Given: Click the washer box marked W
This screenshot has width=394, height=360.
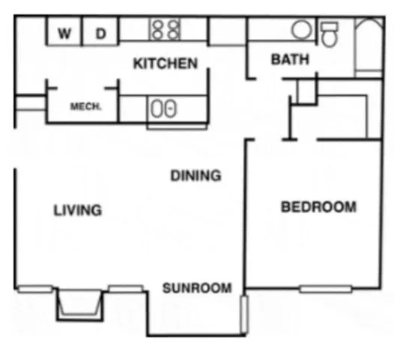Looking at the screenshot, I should click(x=65, y=33).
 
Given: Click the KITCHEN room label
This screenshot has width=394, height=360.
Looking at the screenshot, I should click(x=166, y=64).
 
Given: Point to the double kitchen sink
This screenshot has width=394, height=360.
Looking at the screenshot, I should click(x=163, y=109).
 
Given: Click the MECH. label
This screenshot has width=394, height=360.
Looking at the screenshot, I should click(x=85, y=106).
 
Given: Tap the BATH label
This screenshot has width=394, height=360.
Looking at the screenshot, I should click(x=289, y=59).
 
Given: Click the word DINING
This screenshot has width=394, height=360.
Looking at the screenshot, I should click(x=196, y=176).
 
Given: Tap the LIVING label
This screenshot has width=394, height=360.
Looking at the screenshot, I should click(x=77, y=210).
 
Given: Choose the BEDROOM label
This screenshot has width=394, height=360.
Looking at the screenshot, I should click(x=318, y=207).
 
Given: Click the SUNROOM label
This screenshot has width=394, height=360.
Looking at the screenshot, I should click(x=197, y=288).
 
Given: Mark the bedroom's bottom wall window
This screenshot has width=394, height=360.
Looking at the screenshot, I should click(x=324, y=288).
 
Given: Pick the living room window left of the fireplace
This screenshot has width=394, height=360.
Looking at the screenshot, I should click(x=35, y=289).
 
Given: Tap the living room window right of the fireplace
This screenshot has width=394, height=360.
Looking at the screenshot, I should click(x=125, y=289).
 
